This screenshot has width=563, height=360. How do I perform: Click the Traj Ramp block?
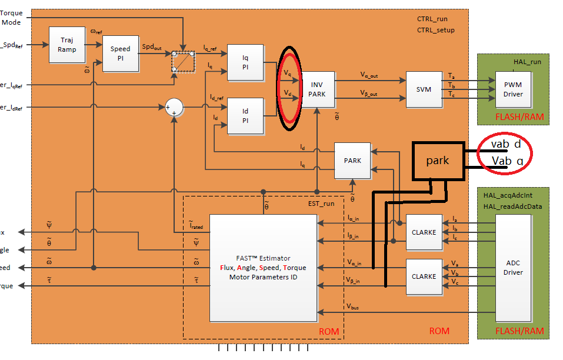coord(66,45)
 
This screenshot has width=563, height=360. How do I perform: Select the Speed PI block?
coord(120,53)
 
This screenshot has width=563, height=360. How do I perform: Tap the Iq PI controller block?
coord(245,62)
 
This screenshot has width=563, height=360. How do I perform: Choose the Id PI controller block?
coord(245,115)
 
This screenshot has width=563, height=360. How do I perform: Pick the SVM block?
coord(423,89)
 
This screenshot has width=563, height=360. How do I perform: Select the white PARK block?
coord(353,161)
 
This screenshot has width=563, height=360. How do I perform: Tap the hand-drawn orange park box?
coord(438,160)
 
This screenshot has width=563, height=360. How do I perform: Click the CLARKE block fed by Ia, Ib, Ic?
coord(424,232)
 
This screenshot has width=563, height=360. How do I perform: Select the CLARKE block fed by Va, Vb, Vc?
coord(424,276)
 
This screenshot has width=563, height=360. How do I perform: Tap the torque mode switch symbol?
coord(183,61)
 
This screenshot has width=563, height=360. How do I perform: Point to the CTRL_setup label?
coord(435,30)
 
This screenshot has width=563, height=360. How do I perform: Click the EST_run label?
coord(321,204)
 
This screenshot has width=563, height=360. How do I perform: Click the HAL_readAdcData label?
coord(512,206)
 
